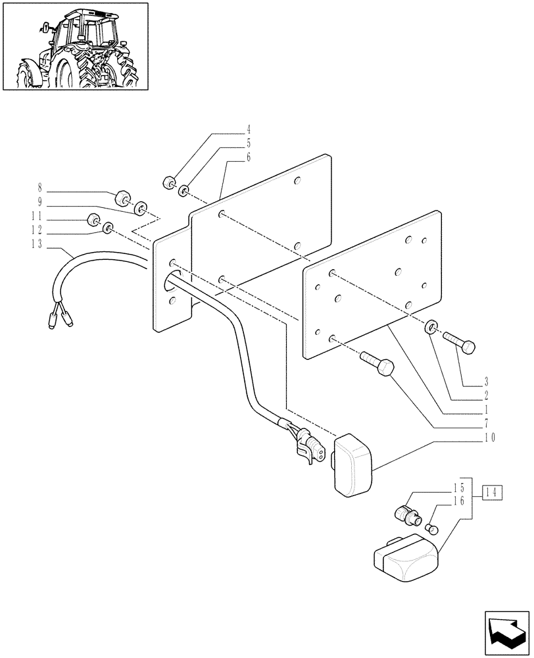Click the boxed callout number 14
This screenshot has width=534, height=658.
pyautogui.click(x=493, y=491)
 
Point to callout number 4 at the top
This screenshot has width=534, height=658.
pyautogui.click(x=212, y=129)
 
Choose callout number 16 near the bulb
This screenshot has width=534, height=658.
pyautogui.click(x=458, y=501)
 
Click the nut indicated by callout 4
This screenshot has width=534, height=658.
pyautogui.click(x=170, y=182)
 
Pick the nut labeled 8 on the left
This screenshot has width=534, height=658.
pyautogui.click(x=122, y=197)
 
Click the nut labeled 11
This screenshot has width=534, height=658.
pyautogui.click(x=93, y=220)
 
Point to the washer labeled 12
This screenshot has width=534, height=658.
pyautogui.click(x=109, y=228)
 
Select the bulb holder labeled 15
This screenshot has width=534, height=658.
pyautogui.click(x=406, y=512)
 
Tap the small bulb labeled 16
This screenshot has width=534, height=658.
pyautogui.click(x=432, y=527)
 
